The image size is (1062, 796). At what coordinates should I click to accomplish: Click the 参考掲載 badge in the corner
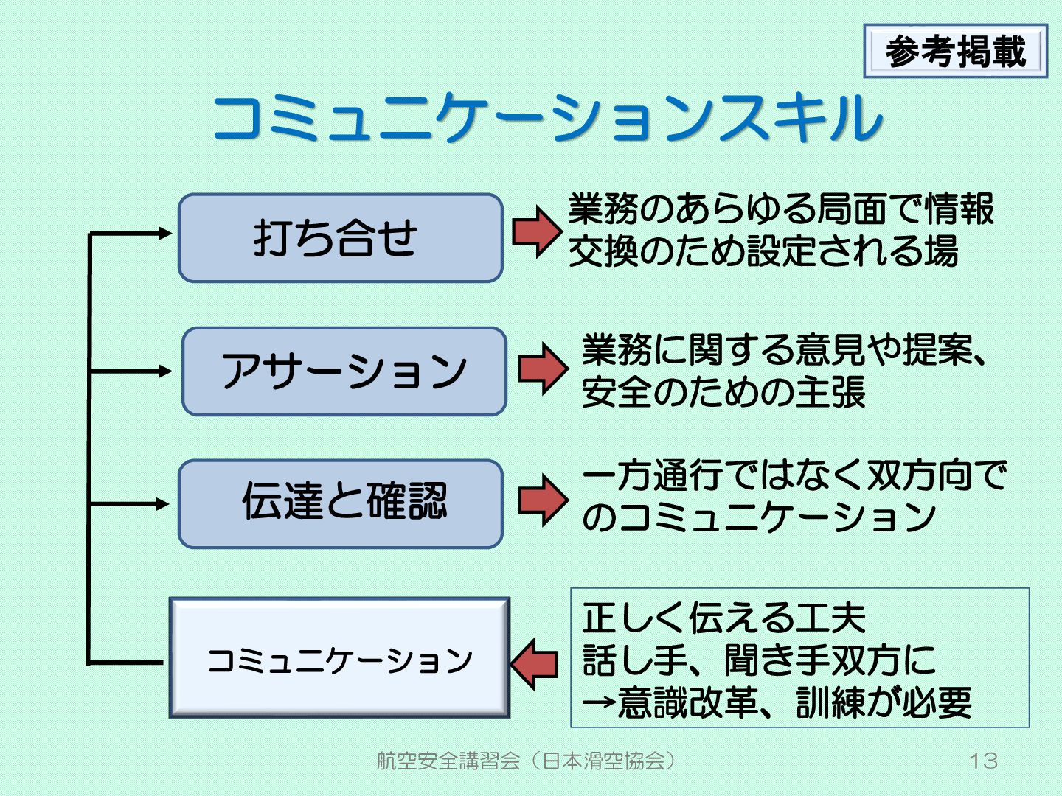click(955, 52)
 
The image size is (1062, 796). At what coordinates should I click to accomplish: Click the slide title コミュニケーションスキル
click(547, 118)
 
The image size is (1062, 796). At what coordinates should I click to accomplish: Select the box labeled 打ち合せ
click(340, 238)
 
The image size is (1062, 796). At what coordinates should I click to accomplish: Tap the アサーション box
click(344, 371)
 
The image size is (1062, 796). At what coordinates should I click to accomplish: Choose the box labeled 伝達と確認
click(340, 504)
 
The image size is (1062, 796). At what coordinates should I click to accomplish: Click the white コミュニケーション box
click(340, 658)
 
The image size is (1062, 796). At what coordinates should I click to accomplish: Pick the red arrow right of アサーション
click(543, 369)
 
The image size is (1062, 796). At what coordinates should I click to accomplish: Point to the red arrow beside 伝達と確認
click(543, 500)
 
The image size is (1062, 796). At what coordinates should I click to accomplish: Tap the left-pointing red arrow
click(535, 663)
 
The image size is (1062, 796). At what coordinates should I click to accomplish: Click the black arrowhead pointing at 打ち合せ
click(164, 233)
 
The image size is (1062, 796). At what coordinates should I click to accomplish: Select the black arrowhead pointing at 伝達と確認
click(163, 504)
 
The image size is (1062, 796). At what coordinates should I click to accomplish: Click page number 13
click(983, 761)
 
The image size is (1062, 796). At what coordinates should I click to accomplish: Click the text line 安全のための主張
click(723, 391)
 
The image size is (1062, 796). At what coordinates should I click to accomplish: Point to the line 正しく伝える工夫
click(723, 618)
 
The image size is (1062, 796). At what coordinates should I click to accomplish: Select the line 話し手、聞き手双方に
click(758, 660)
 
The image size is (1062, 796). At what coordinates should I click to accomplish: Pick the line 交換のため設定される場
click(763, 251)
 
